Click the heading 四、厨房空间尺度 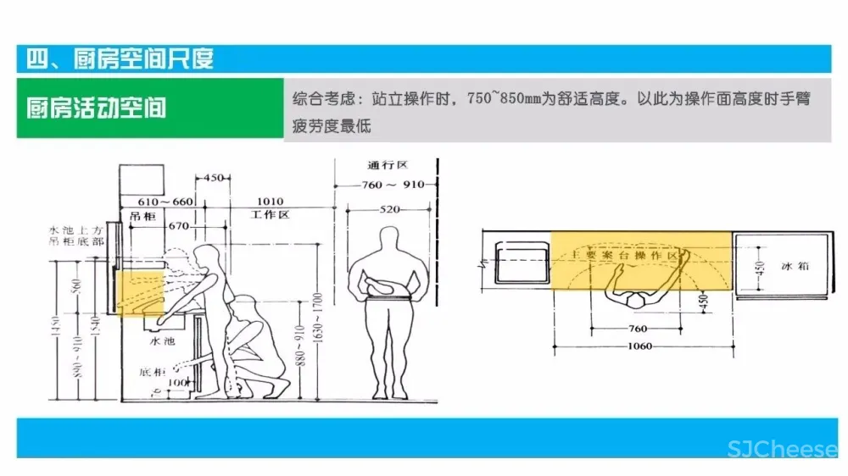tap(120, 58)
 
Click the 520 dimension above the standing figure tap(390, 208)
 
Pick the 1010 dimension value tap(271, 201)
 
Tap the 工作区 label tap(271, 215)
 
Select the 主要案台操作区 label tap(626, 254)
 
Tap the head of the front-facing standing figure tap(388, 238)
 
